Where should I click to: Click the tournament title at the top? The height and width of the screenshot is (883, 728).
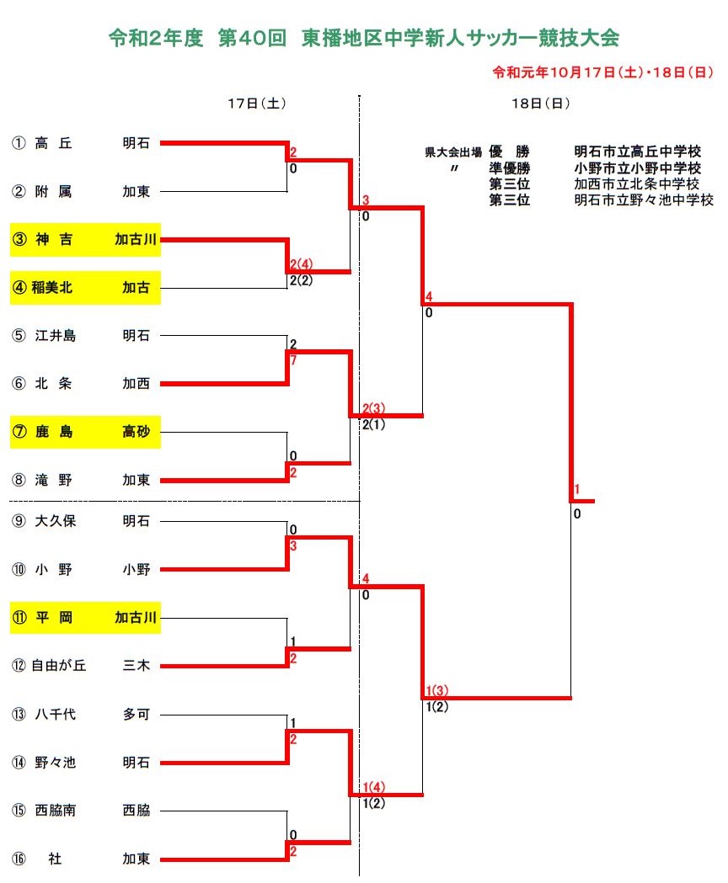click(364, 38)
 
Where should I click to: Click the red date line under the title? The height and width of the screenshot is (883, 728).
click(602, 72)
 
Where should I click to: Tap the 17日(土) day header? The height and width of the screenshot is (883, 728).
click(257, 103)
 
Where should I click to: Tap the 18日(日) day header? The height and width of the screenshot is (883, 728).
click(540, 103)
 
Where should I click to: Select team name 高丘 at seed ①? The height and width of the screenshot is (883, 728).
click(54, 143)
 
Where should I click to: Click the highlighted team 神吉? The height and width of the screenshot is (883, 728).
click(54, 239)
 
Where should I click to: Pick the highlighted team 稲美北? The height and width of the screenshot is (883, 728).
click(52, 287)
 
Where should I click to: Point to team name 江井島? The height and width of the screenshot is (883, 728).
click(56, 336)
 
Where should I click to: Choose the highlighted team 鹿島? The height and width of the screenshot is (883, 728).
click(54, 432)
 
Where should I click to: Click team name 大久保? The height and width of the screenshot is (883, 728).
click(56, 521)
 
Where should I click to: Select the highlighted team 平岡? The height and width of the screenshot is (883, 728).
click(54, 618)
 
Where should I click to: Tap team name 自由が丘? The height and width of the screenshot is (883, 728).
click(59, 666)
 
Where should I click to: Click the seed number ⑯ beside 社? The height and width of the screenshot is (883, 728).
click(19, 859)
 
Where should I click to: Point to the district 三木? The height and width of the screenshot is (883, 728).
click(136, 666)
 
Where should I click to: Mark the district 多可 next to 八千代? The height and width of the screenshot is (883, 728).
click(136, 714)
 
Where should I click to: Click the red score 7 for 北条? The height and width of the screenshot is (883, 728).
click(293, 359)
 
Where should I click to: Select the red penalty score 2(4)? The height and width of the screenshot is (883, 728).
click(301, 264)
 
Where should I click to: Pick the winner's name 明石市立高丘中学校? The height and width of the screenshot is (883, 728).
click(638, 152)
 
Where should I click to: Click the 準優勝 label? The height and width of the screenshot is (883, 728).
click(509, 168)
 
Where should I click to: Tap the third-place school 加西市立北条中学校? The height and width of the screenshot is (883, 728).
click(637, 184)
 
